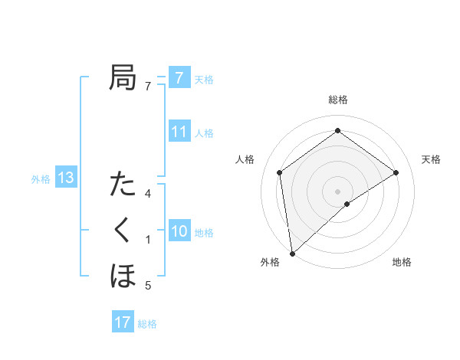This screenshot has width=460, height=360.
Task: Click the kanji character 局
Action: click(123, 77)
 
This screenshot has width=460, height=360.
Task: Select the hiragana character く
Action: click(123, 230)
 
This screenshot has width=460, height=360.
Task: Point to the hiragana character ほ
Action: click(123, 275)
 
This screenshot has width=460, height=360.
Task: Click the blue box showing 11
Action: click(179, 131)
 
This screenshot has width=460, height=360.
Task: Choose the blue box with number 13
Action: click(66, 178)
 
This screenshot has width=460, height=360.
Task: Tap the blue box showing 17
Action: click(123, 322)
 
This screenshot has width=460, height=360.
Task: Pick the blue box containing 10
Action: click(179, 231)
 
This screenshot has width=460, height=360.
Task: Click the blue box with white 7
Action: click(179, 77)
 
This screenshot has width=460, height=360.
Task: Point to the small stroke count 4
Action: click(148, 193)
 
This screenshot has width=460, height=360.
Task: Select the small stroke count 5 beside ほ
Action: click(148, 286)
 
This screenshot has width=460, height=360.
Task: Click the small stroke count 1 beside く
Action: click(148, 240)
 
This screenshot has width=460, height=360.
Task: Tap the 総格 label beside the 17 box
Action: click(147, 324)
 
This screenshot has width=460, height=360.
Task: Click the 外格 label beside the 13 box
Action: click(41, 179)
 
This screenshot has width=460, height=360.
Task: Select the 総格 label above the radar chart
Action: click(338, 100)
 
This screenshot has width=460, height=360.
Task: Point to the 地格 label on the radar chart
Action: click(402, 262)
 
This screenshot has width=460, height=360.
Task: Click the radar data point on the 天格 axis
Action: click(396, 172)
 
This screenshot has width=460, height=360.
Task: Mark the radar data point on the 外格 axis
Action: click(292, 253)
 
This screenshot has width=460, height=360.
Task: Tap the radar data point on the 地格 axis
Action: click(347, 204)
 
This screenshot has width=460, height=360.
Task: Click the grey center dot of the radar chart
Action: click(338, 191)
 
